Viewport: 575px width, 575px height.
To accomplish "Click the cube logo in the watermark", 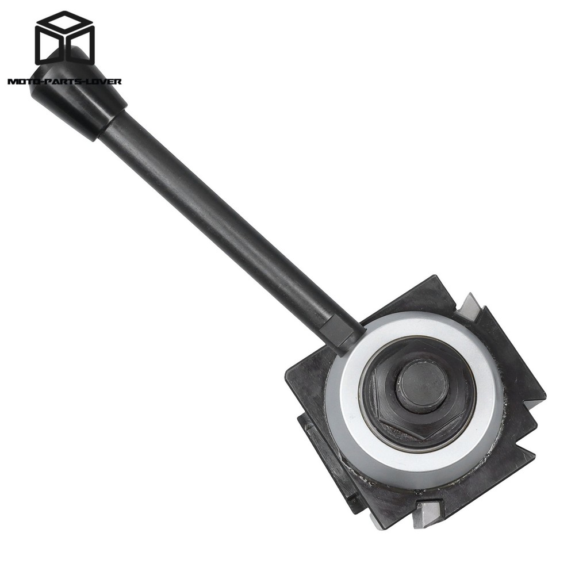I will point(64,39).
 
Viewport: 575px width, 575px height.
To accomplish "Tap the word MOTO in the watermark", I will point(22,81).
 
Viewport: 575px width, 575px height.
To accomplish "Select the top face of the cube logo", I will point(64,24).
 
